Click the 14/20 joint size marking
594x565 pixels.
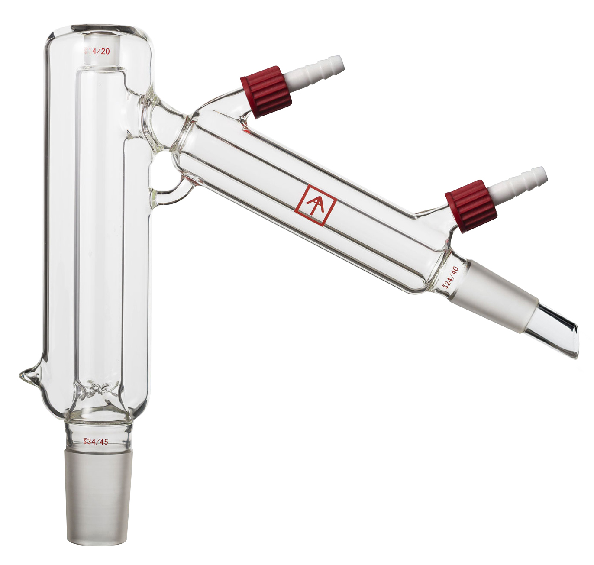[97, 51]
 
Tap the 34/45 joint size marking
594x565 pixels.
[96, 442]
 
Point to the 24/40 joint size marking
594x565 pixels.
[450, 278]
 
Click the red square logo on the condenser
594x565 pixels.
[316, 205]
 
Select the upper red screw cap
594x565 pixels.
[266, 92]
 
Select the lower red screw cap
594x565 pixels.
[471, 207]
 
